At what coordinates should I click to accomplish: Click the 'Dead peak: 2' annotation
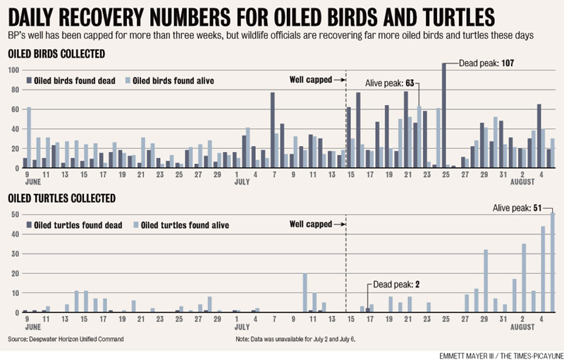pos(396,285)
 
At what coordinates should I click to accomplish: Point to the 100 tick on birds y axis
pos(12,70)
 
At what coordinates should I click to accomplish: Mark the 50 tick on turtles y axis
pos(13,213)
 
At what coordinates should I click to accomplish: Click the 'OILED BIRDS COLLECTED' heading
pos(56,54)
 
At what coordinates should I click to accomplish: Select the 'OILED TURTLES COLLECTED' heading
pos(61,199)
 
